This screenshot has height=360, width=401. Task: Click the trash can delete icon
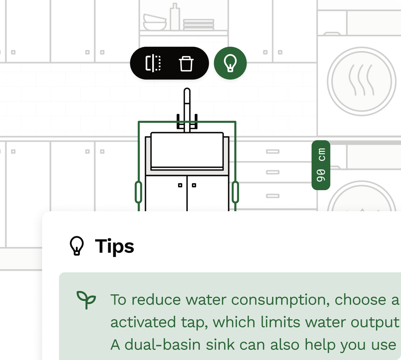tap(186, 64)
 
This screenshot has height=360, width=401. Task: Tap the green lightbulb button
tap(230, 64)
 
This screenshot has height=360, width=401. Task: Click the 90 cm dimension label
tap(321, 165)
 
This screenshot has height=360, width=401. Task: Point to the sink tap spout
tap(187, 105)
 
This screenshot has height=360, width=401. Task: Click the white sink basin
tap(187, 150)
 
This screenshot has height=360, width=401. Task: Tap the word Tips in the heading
tap(114, 246)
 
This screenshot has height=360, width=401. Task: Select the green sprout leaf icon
tap(86, 300)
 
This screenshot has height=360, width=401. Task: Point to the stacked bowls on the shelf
tap(155, 22)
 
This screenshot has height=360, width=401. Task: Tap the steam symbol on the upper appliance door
tap(361, 80)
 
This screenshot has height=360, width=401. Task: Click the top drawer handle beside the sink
tap(272, 151)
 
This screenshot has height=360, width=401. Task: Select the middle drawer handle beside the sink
tap(272, 172)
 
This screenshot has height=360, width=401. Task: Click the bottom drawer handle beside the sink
tap(272, 196)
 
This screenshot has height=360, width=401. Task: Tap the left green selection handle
tap(138, 192)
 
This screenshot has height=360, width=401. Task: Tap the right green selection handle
tap(235, 192)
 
